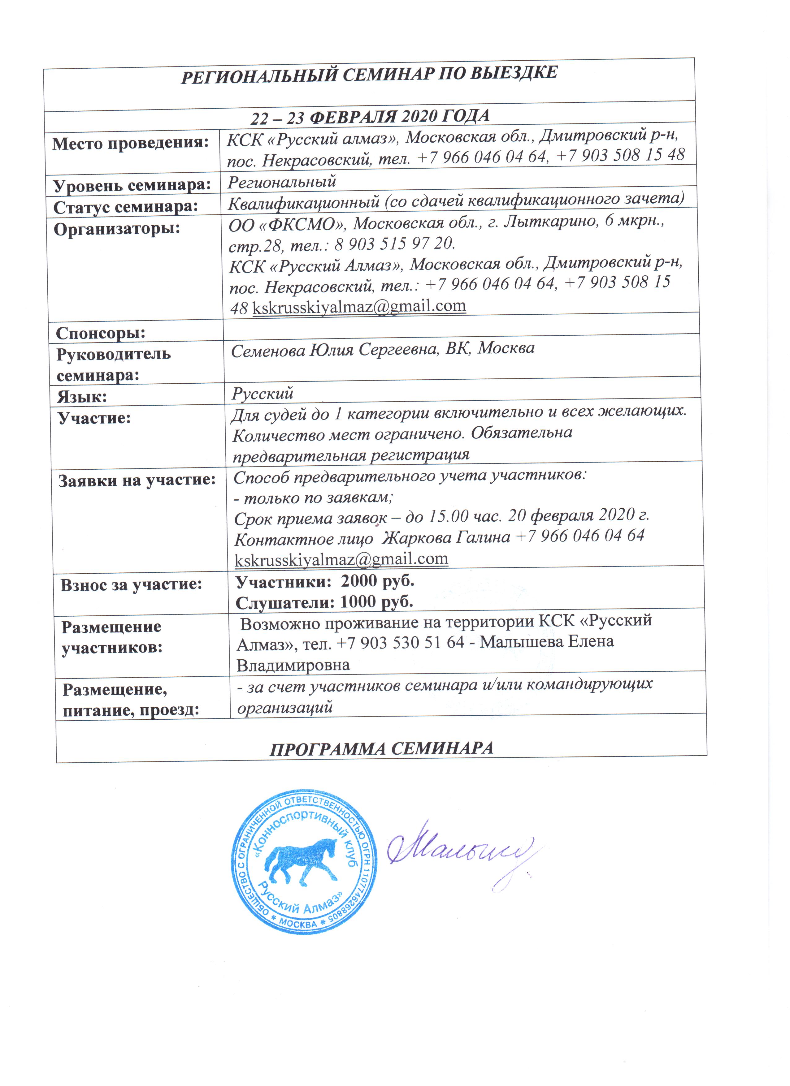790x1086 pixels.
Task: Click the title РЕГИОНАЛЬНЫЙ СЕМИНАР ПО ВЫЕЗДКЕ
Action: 369,74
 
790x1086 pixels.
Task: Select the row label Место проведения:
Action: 130,143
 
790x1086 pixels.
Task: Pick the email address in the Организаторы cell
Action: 359,306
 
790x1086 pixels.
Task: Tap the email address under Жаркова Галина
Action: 341,559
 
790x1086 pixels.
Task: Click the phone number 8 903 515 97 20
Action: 393,244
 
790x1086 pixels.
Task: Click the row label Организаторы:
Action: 117,229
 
